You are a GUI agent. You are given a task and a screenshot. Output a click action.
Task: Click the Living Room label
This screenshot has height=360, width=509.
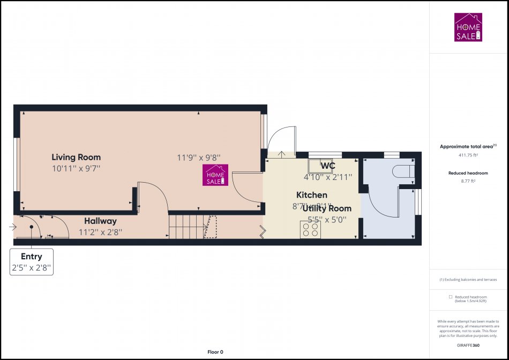point(76,157)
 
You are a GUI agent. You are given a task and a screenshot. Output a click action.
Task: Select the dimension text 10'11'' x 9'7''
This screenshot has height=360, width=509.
point(76,168)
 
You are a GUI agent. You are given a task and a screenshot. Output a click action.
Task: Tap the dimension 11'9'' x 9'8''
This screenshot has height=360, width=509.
point(199,157)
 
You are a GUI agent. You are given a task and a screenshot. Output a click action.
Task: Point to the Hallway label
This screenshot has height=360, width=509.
point(100,221)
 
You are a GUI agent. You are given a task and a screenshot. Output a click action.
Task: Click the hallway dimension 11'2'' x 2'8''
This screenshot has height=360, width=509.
point(100,232)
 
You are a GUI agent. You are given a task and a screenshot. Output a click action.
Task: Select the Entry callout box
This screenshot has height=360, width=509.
point(32,262)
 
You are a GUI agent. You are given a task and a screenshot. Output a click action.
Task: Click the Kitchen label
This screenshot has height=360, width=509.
point(312,195)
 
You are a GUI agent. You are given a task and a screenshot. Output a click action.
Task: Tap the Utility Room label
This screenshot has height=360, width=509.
point(327,208)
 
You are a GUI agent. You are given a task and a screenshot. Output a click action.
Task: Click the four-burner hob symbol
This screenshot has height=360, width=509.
point(310,230)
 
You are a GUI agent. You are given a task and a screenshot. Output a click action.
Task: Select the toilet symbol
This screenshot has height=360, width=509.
point(403,170)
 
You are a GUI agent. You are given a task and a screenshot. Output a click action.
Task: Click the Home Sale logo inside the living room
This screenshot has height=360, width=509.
point(215,175)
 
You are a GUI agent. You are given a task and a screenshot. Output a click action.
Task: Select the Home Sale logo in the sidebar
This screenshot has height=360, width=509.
point(468,27)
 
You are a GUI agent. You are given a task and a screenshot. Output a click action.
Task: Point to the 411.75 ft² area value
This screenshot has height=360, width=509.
point(468,155)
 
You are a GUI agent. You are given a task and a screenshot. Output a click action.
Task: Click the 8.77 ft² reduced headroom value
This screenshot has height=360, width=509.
point(468,182)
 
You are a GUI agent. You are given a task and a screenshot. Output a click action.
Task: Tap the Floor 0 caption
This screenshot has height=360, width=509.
point(215,352)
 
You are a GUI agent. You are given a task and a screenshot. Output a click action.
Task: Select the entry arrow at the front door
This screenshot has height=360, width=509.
point(13,227)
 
